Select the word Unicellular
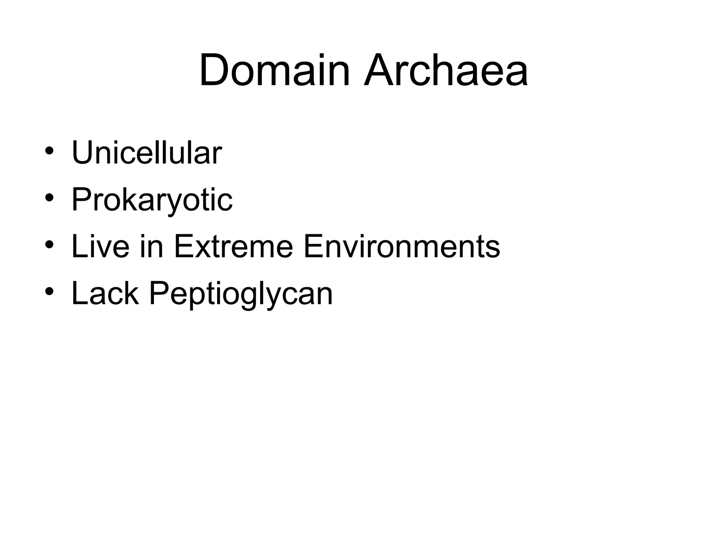pos(146,154)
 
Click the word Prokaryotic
pos(152,200)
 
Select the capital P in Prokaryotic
pos(82,200)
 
